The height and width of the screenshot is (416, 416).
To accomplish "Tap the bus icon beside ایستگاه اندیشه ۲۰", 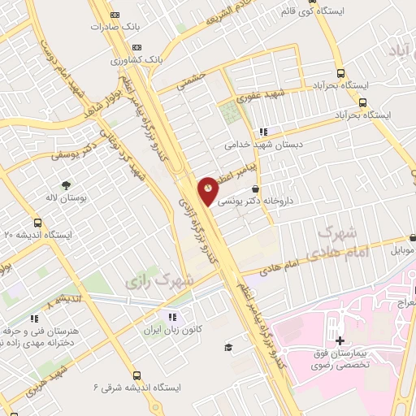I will pyautogui.click(x=37, y=221).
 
